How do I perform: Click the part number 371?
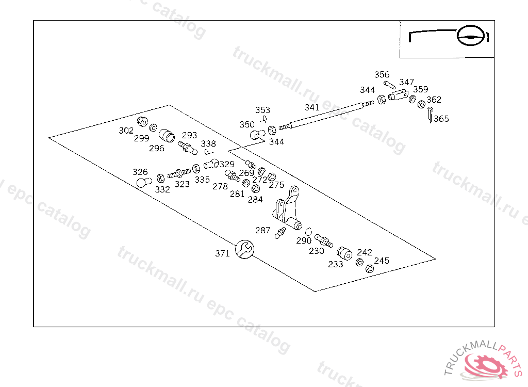pyautogui.click(x=222, y=253)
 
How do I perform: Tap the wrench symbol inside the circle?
pyautogui.click(x=244, y=249)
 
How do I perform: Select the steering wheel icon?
pyautogui.click(x=472, y=36)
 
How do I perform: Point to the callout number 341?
pyautogui.click(x=312, y=108)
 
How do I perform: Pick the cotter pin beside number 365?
pyautogui.click(x=430, y=115)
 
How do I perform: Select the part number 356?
pyautogui.click(x=382, y=75)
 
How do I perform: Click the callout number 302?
pyautogui.click(x=126, y=131)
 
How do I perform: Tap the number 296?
pyautogui.click(x=157, y=148)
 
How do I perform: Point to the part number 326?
pyautogui.click(x=140, y=172)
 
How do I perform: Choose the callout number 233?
pyautogui.click(x=336, y=264)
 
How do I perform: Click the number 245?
pyautogui.click(x=382, y=261)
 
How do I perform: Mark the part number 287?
pyautogui.click(x=263, y=230)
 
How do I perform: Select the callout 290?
pyautogui.click(x=304, y=240)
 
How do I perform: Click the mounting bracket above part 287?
pyautogui.click(x=287, y=209)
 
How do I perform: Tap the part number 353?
pyautogui.click(x=262, y=110)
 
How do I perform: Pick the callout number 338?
pyautogui.click(x=208, y=143)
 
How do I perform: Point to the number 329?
pyautogui.click(x=227, y=164)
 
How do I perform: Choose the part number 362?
pyautogui.click(x=434, y=100)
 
